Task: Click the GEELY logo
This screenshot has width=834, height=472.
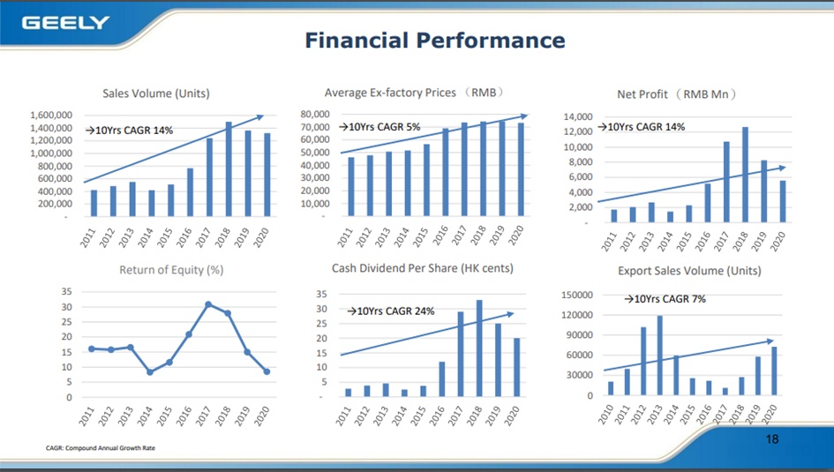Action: tap(65, 23)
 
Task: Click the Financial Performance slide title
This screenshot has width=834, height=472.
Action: tap(435, 41)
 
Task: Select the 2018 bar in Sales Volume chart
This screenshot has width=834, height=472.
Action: tap(229, 169)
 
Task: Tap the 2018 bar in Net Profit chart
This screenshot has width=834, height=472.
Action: tap(745, 175)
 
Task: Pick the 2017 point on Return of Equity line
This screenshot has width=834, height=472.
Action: tap(208, 304)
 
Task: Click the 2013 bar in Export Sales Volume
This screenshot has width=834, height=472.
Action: tap(660, 355)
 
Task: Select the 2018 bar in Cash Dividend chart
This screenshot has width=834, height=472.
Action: tap(479, 348)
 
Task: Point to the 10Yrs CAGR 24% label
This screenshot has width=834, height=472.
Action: tap(390, 311)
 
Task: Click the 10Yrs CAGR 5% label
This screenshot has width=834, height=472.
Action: tap(379, 126)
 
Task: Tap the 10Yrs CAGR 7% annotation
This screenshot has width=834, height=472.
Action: tap(665, 299)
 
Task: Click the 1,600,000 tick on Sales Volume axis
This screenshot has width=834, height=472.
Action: tap(51, 116)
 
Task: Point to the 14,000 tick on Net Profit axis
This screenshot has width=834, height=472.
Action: tap(578, 116)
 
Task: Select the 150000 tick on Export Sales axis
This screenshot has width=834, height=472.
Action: tap(577, 295)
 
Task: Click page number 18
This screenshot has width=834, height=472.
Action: tap(772, 439)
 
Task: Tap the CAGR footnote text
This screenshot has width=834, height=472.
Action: tap(101, 448)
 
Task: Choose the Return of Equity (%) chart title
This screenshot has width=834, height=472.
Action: tap(171, 270)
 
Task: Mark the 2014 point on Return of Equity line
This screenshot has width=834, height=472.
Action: tap(150, 372)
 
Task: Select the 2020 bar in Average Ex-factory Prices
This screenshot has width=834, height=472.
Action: tap(521, 169)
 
